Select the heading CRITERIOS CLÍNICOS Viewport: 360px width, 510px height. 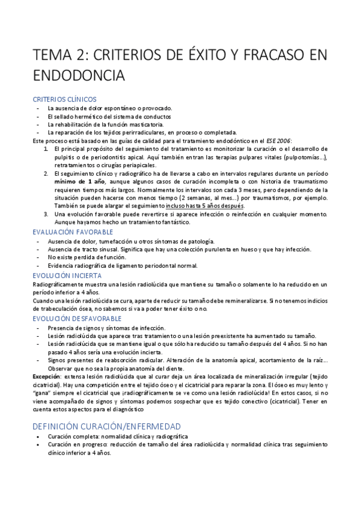64,99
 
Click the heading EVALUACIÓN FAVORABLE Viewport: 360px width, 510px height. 73,230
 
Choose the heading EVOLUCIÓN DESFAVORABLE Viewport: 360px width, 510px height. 77,318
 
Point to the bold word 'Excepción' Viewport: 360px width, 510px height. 46,375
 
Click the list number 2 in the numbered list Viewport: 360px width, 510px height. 46,173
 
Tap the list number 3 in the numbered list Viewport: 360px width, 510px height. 46,214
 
